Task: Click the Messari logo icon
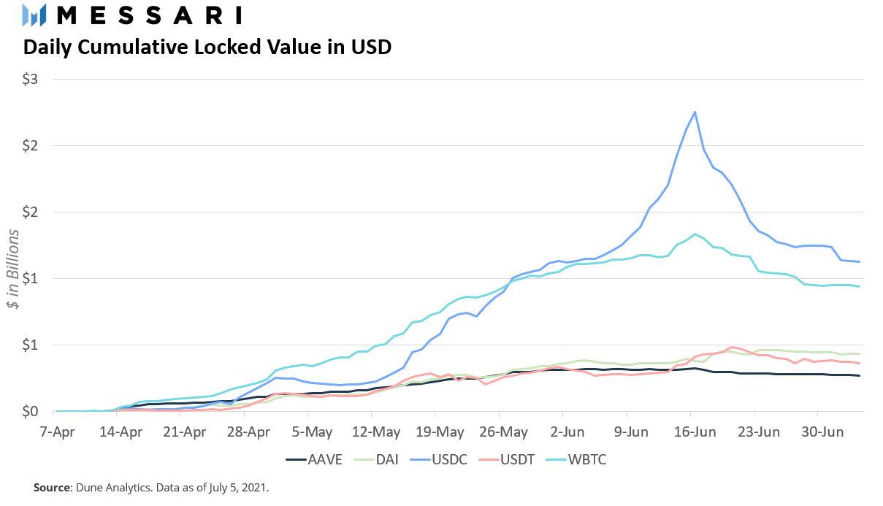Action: pyautogui.click(x=34, y=15)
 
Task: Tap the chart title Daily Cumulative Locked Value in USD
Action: pyautogui.click(x=207, y=47)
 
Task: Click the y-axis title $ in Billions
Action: pyautogui.click(x=14, y=268)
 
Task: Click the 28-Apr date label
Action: pyautogui.click(x=249, y=432)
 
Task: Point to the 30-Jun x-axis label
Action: pyautogui.click(x=818, y=432)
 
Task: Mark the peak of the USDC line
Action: pyautogui.click(x=695, y=112)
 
